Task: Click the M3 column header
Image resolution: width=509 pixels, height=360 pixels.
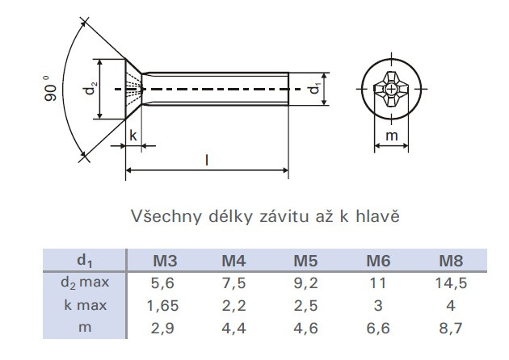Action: [x=165, y=261]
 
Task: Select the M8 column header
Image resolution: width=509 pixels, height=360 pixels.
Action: [x=451, y=261]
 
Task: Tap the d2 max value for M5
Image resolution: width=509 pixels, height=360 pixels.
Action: [x=305, y=283]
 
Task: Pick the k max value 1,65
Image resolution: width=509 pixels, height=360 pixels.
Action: [x=162, y=305]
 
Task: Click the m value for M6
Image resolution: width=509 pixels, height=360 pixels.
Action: [x=378, y=329]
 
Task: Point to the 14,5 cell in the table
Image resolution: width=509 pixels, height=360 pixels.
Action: [x=451, y=283]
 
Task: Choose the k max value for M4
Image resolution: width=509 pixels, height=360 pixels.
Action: [x=233, y=305]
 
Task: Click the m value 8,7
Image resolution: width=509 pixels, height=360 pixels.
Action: [x=451, y=329]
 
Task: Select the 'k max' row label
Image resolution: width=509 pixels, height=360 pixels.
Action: [x=86, y=305]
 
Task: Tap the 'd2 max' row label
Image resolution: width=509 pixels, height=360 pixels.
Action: [x=85, y=283]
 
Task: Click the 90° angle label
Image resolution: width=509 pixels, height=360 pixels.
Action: [x=50, y=89]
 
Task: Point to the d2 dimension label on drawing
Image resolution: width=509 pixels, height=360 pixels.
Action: [x=90, y=88]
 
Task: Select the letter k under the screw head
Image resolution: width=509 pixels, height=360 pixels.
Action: [x=133, y=136]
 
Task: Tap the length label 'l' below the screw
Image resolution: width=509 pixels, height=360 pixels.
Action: [x=207, y=160]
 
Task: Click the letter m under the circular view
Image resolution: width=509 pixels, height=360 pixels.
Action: [x=392, y=136]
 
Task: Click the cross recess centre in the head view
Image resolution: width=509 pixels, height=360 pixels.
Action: [x=392, y=89]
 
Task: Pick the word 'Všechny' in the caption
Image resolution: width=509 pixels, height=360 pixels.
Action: [x=166, y=216]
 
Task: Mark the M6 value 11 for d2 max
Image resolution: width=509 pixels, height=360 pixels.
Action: [x=378, y=283]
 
